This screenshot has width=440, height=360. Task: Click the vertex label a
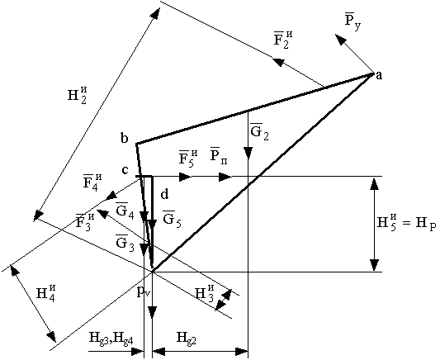[379, 75]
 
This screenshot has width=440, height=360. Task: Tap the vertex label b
[125, 138]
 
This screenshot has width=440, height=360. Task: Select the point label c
[125, 170]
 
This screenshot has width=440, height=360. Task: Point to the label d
[164, 194]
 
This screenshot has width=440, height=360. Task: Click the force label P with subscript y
[352, 21]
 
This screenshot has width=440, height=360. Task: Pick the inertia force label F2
[283, 40]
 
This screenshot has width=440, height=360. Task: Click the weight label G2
[259, 131]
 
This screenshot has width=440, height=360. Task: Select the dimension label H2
[77, 95]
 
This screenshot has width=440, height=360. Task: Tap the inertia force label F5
[188, 159]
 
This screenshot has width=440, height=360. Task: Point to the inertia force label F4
[92, 183]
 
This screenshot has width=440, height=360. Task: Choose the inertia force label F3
[85, 222]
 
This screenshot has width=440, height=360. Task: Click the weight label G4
[125, 210]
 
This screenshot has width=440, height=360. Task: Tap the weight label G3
[125, 242]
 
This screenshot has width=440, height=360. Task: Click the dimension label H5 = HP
[406, 222]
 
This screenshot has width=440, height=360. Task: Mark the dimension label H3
[205, 293]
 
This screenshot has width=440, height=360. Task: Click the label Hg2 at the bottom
[186, 338]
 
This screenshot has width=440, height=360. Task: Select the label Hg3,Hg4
[111, 337]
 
